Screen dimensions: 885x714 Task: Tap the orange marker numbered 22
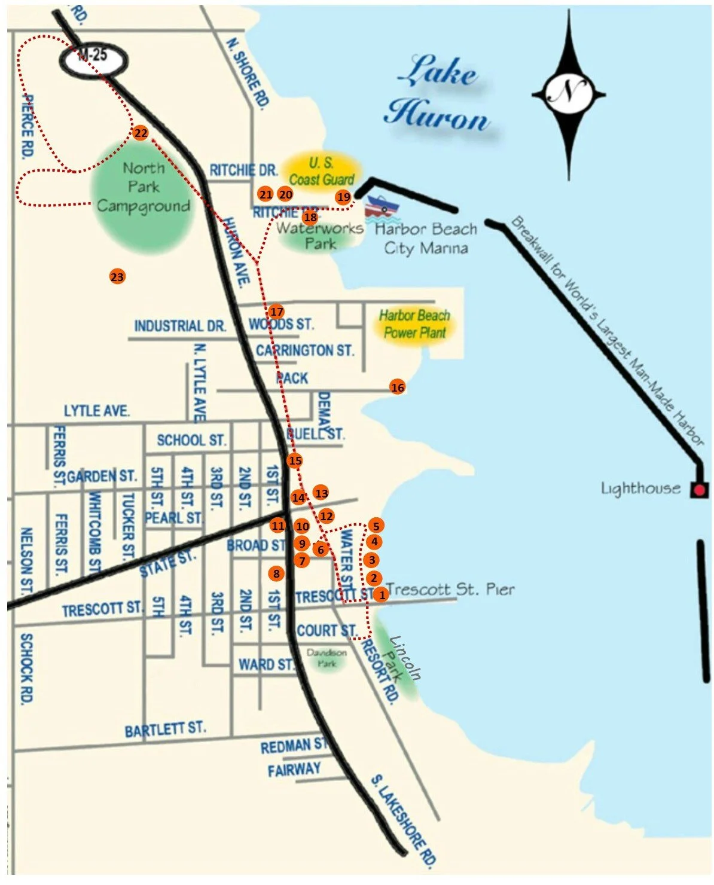[141, 133]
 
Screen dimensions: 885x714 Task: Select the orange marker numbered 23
[117, 277]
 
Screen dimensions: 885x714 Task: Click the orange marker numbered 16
[398, 387]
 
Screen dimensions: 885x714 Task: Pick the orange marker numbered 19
[343, 197]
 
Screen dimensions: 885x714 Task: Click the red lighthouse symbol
[699, 491]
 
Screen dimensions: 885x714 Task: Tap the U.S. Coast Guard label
[322, 171]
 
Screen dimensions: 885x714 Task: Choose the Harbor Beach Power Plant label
[414, 324]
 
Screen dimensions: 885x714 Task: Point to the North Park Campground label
[144, 187]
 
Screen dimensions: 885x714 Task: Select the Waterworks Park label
[320, 236]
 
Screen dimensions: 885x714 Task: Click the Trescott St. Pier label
[450, 590]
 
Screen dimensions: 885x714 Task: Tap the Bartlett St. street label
[165, 729]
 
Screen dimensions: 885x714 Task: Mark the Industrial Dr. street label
[180, 326]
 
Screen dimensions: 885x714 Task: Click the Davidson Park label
[327, 657]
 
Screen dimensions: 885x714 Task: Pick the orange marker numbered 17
[276, 312]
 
